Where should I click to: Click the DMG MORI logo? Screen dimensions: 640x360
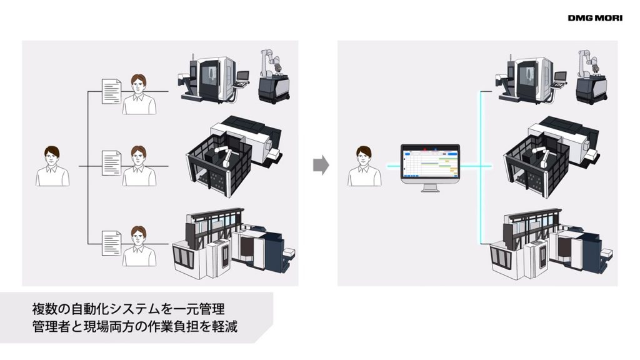tap(595, 18)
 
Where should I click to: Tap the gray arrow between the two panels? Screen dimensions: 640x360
tap(321, 165)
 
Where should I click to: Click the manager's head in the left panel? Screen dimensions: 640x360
tap(52, 156)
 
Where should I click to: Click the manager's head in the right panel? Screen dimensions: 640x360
tap(364, 156)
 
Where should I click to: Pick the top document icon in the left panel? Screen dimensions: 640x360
tap(111, 91)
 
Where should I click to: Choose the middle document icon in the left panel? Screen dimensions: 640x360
tap(111, 163)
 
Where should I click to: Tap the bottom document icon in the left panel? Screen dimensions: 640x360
tap(111, 243)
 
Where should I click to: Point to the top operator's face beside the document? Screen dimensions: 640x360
tap(139, 85)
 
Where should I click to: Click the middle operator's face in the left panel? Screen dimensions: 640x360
tap(139, 156)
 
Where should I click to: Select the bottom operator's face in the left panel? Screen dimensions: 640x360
tap(139, 236)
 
